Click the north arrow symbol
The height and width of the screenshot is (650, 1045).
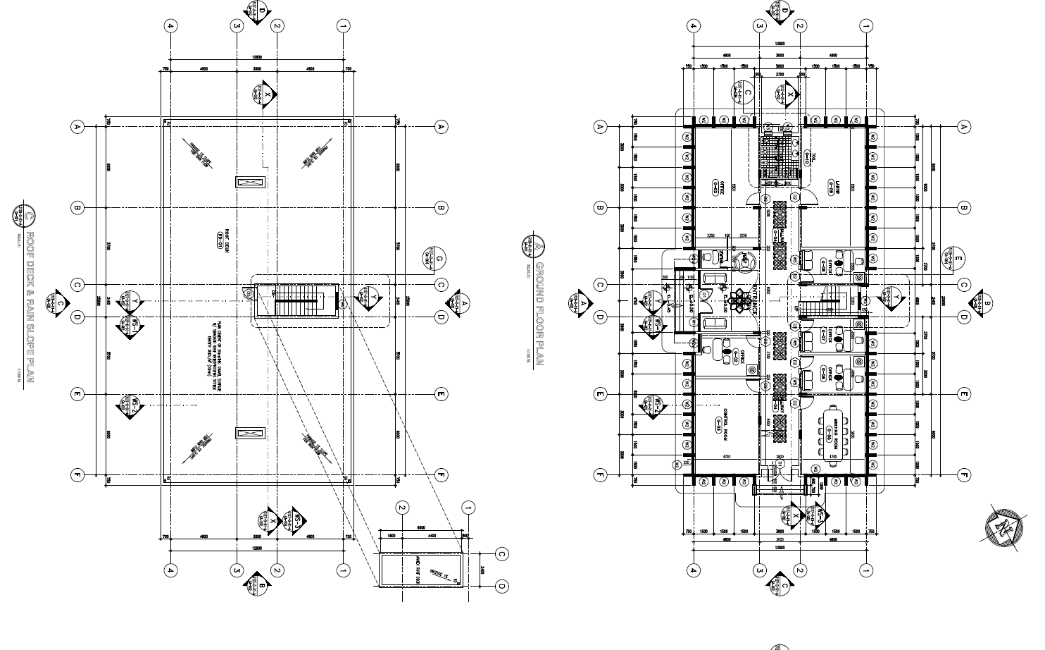[x=1002, y=525]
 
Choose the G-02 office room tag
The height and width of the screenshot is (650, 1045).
[x=736, y=356]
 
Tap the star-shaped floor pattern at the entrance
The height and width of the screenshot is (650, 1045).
[x=739, y=301]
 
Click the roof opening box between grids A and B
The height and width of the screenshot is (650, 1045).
[x=251, y=182]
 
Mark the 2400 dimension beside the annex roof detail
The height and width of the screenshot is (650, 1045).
[x=482, y=570]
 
